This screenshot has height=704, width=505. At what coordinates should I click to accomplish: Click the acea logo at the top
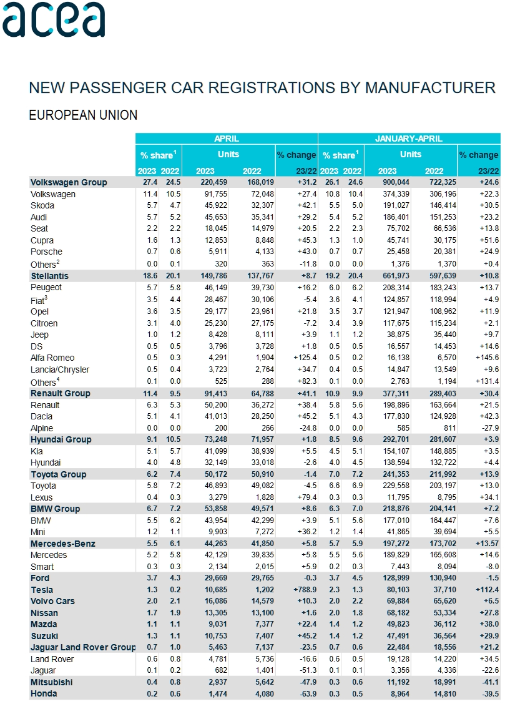click(54, 20)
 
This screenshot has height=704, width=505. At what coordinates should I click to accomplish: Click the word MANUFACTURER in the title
click(430, 87)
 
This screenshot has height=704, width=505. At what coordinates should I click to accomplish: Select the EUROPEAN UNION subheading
click(83, 115)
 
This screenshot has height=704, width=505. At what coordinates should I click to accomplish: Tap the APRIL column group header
click(227, 139)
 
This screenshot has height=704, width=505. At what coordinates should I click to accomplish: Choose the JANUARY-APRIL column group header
click(409, 139)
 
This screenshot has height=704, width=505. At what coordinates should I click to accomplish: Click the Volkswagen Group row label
click(69, 182)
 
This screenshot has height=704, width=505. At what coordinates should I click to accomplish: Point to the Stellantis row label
click(49, 276)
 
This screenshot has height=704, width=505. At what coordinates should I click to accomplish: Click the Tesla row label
click(42, 590)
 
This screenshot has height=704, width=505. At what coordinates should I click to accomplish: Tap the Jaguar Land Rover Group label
click(82, 648)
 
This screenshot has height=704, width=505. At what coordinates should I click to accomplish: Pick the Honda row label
click(44, 694)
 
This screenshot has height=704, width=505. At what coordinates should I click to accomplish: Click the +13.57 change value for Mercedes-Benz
click(484, 544)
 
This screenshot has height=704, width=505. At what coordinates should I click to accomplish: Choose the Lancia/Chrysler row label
click(60, 369)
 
